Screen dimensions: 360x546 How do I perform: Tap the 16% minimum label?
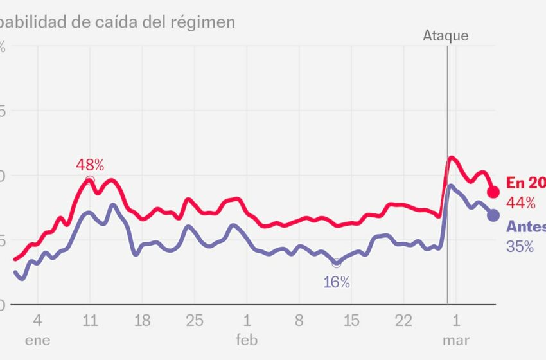coord(337,282)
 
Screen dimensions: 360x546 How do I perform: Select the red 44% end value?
coord(520,203)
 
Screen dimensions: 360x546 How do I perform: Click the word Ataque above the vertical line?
coord(445,36)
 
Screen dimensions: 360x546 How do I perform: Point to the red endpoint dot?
coord(493,192)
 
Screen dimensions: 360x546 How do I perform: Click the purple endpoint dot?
coord(493,215)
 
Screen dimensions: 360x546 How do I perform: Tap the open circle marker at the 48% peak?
coord(90,180)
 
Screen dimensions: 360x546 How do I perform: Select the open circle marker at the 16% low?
coord(336,263)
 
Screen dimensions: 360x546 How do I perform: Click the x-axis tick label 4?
coord(38,319)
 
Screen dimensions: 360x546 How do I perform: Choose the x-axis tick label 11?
coord(90,319)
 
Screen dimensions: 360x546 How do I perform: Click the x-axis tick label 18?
coord(142,319)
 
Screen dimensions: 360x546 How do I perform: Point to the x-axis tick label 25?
coord(195,319)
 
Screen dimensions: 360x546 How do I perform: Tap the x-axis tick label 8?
coord(299,319)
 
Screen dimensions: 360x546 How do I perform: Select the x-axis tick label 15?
coord(351,319)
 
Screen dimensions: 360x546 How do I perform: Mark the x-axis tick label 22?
coord(403,319)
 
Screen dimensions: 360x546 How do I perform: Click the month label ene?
coord(38,340)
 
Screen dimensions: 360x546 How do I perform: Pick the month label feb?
coord(247,340)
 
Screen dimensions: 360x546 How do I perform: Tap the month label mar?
coord(456,340)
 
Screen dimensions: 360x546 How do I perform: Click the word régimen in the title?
coord(203,22)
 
